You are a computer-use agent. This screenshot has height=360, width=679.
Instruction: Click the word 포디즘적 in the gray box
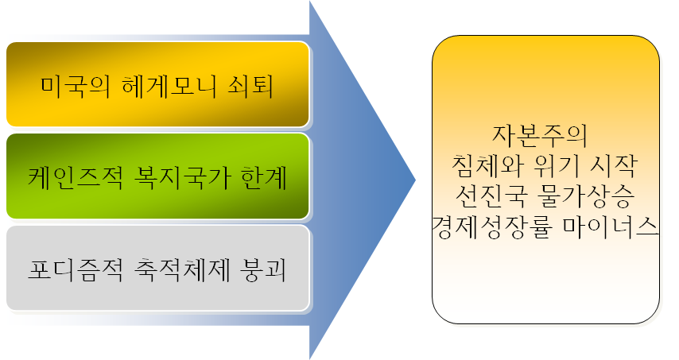pyautogui.click(x=73, y=269)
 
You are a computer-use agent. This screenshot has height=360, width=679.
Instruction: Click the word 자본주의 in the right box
pyautogui.click(x=540, y=134)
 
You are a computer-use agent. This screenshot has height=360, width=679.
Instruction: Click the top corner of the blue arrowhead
pyautogui.click(x=310, y=3)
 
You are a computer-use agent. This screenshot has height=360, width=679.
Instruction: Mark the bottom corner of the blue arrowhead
pyautogui.click(x=310, y=357)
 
